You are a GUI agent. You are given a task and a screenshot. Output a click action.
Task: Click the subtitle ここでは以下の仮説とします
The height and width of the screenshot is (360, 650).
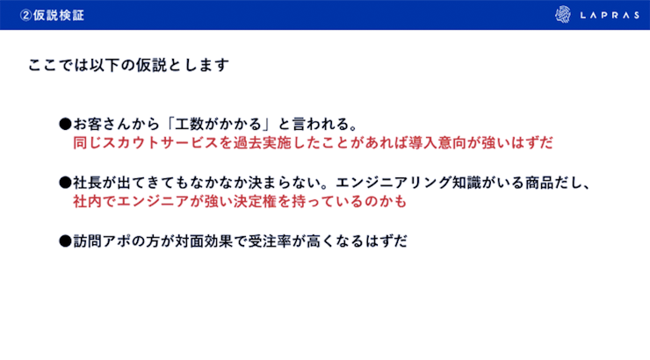[128, 65]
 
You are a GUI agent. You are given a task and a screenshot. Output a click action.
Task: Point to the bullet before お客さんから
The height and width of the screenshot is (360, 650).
[64, 124]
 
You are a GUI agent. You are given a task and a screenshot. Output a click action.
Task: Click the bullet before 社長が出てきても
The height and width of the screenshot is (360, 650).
[64, 184]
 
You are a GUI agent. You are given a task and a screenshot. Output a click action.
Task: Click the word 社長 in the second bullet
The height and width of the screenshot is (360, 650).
[85, 184]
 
